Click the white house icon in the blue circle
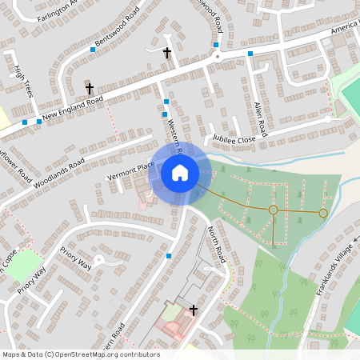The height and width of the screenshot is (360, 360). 180,172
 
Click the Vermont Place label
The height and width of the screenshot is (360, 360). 130,170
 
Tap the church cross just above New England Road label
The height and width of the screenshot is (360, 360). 90,87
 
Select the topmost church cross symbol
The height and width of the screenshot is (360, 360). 167,53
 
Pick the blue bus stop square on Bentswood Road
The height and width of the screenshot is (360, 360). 93,50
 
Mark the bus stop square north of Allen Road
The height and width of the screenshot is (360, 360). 250,54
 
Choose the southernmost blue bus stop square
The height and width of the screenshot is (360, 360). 169,256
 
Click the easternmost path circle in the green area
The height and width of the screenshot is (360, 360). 323,213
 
